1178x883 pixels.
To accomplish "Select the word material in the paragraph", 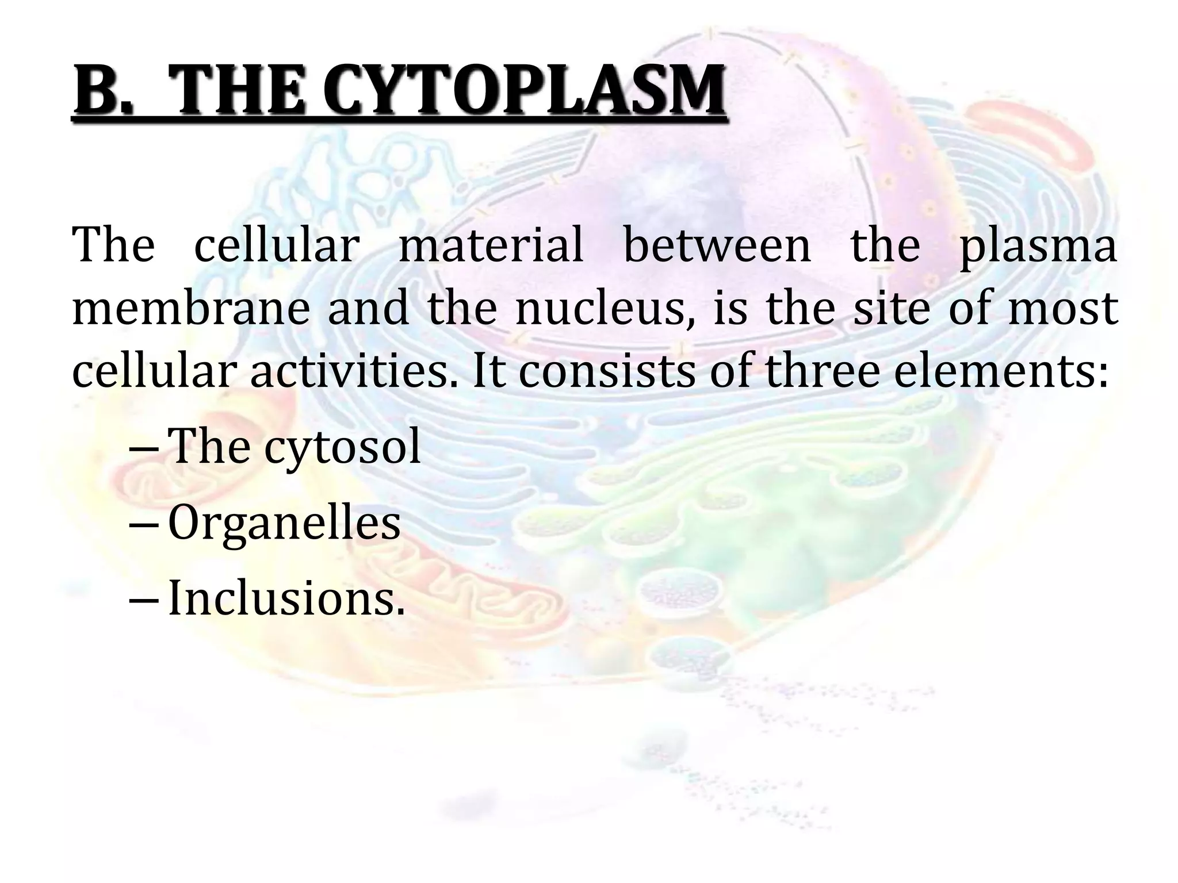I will pyautogui.click(x=491, y=245).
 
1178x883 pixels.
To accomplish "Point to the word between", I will pyautogui.click(x=717, y=245).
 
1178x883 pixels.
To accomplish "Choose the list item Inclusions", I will pyautogui.click(x=286, y=598).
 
